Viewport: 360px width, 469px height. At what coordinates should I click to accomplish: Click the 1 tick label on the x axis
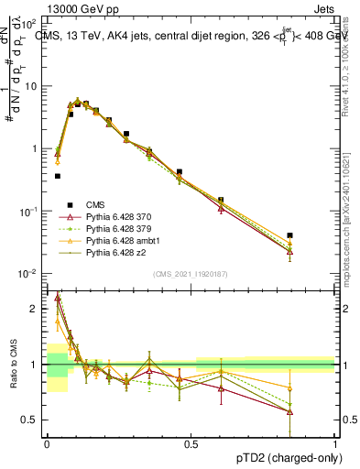coord(334,442)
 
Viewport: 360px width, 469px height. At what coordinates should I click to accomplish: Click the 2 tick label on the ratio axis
coord(34,310)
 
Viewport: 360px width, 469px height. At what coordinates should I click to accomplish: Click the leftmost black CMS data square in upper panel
coord(58,176)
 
